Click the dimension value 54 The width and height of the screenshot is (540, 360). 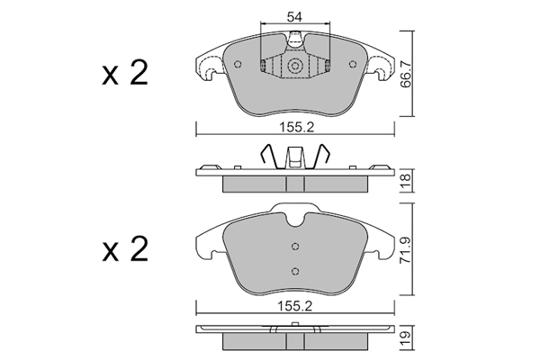(x=295, y=17)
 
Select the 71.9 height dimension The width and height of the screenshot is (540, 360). (x=407, y=250)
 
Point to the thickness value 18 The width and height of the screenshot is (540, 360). (x=407, y=180)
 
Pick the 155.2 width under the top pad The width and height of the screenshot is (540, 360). (x=296, y=128)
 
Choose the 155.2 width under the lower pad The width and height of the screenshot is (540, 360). (x=295, y=306)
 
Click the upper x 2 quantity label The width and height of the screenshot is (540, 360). (x=125, y=73)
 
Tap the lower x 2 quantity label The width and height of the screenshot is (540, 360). (x=125, y=249)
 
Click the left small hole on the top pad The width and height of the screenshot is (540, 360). (x=238, y=64)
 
